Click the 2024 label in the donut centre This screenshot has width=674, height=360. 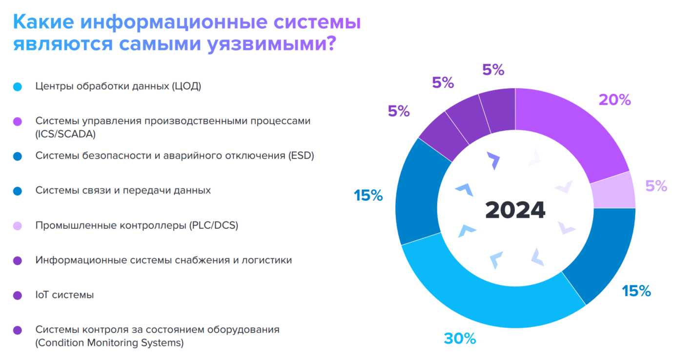pyautogui.click(x=515, y=210)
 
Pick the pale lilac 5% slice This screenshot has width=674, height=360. pyautogui.click(x=613, y=191)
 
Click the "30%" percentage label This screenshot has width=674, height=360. pyautogui.click(x=460, y=339)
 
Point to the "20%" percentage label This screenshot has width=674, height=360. pyautogui.click(x=614, y=100)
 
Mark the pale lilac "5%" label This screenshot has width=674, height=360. pyautogui.click(x=656, y=186)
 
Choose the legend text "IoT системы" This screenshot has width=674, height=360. pyautogui.click(x=64, y=295)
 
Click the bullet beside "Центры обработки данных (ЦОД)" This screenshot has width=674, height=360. pyautogui.click(x=18, y=87)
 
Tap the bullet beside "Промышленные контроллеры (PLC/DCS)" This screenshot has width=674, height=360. pyautogui.click(x=18, y=226)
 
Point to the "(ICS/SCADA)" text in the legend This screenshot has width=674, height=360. pyautogui.click(x=65, y=134)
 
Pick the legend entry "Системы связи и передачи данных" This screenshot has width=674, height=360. pyautogui.click(x=123, y=191)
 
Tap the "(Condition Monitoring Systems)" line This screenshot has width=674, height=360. pyautogui.click(x=109, y=343)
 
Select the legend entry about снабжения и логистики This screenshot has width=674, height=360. pyautogui.click(x=163, y=260)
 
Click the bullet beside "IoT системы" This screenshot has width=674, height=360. pyautogui.click(x=18, y=296)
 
